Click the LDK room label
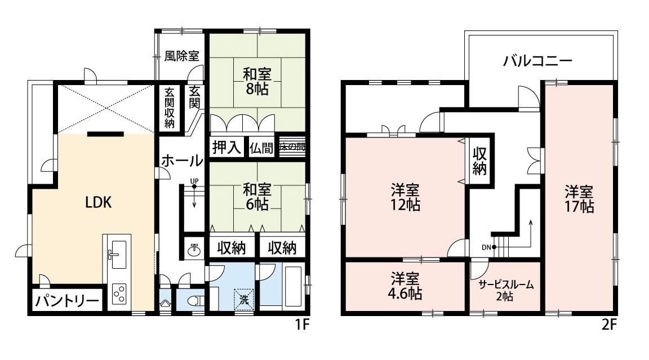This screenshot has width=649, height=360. (98, 203)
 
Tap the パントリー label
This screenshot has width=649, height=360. (68, 301)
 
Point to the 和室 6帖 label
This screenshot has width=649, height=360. (256, 195)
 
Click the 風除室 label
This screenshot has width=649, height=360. (181, 56)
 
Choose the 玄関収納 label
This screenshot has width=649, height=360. (169, 107)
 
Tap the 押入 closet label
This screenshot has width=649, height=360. (227, 147)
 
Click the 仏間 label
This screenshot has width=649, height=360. (262, 147)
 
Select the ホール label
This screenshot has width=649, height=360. (182, 161)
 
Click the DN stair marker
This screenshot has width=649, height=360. (487, 247)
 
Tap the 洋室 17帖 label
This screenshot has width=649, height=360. (580, 198)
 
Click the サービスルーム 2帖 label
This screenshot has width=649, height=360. (505, 290)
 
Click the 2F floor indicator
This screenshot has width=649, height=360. (611, 325)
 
